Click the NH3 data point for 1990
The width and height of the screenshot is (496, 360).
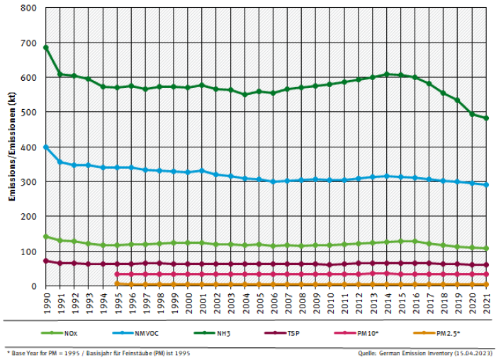click(x=45, y=47)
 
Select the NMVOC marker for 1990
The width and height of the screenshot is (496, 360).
click(x=45, y=147)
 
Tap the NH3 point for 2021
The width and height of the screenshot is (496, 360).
click(x=486, y=118)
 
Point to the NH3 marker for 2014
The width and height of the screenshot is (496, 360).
click(x=387, y=74)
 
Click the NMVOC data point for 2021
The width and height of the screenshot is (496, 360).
click(x=486, y=185)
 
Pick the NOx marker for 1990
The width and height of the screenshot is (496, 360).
click(x=45, y=237)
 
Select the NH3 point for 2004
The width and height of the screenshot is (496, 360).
click(x=244, y=94)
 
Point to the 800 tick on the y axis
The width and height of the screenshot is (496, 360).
click(x=28, y=9)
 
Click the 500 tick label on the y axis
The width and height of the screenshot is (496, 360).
click(x=28, y=113)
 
